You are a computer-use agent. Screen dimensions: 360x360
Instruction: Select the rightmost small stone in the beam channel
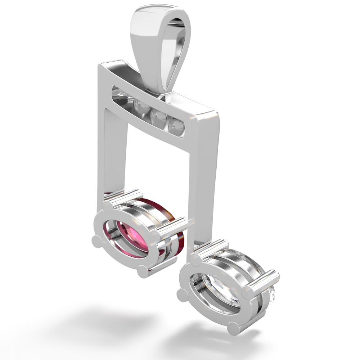(x=177, y=125)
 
